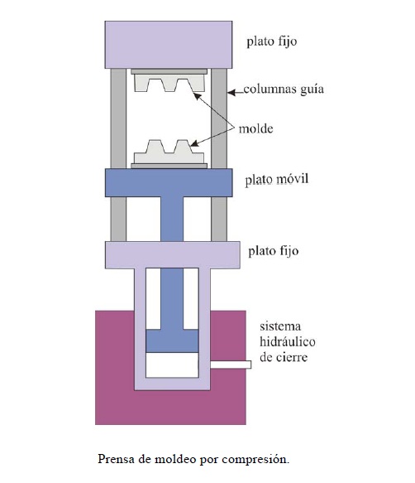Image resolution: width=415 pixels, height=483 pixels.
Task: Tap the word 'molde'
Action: point(255,129)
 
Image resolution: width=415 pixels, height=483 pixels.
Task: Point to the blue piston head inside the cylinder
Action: point(172,341)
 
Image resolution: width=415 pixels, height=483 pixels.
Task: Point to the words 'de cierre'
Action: point(284,358)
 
